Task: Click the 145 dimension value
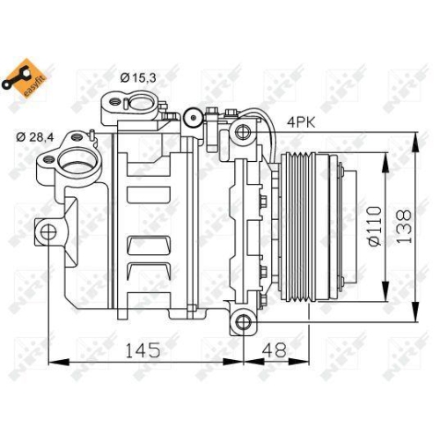coord(142,349)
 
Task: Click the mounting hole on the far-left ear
coord(48,231)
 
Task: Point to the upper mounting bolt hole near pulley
coord(242,132)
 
